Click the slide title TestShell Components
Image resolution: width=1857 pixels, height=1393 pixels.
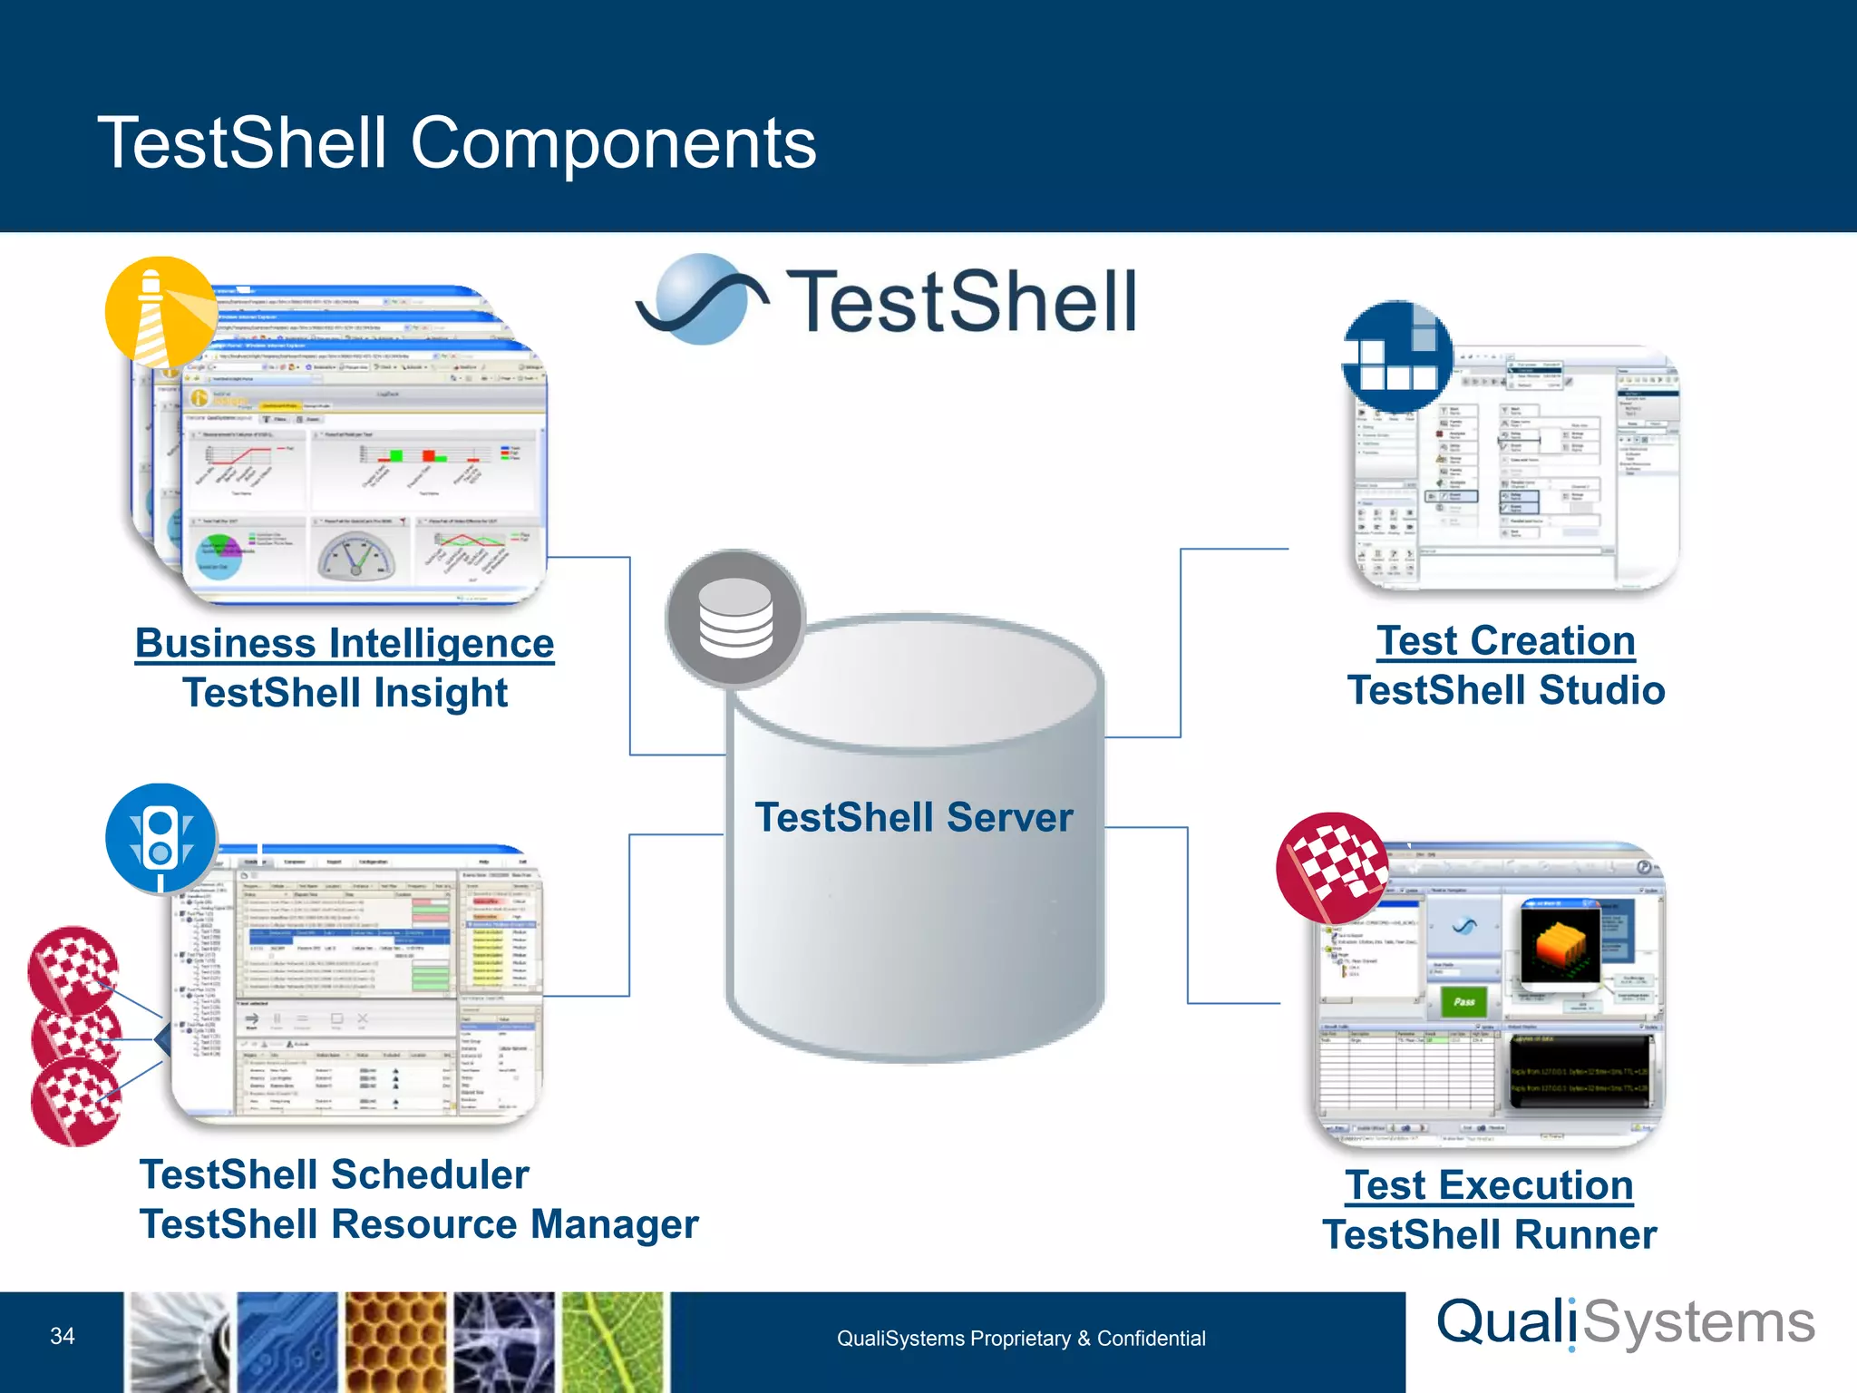click(457, 143)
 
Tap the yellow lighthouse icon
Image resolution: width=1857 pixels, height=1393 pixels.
click(161, 312)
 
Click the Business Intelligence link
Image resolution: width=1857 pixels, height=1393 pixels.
click(345, 644)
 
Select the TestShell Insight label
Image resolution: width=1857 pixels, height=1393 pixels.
click(345, 693)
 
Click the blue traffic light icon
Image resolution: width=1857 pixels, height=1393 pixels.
click(161, 839)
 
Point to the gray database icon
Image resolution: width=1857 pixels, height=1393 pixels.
click(735, 619)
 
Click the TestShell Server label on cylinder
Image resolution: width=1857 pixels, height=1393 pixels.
click(914, 817)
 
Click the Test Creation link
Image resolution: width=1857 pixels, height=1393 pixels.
click(1506, 641)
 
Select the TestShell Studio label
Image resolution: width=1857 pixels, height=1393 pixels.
click(1506, 690)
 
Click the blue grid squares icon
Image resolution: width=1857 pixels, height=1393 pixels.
click(1397, 356)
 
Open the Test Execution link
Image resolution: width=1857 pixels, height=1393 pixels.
click(1489, 1185)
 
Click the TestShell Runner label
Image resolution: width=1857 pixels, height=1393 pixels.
click(1489, 1235)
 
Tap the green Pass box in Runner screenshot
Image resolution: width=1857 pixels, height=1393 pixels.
click(1463, 1001)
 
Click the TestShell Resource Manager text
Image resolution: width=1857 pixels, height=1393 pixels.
click(419, 1224)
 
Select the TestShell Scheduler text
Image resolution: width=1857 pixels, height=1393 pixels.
click(334, 1175)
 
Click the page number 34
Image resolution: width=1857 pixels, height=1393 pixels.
click(63, 1336)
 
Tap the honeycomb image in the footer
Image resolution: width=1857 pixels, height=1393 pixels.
click(395, 1342)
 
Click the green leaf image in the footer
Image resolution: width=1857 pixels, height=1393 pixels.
click(614, 1342)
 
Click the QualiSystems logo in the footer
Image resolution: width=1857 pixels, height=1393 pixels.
click(1626, 1324)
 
